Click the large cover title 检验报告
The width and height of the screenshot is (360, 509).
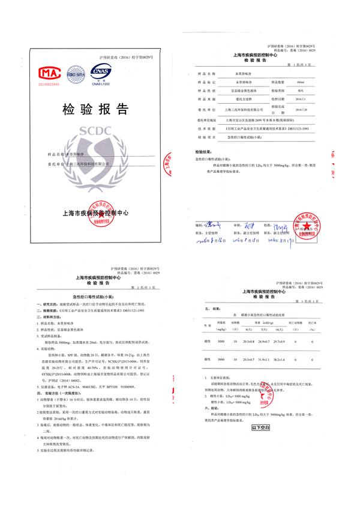click(x=97, y=109)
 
